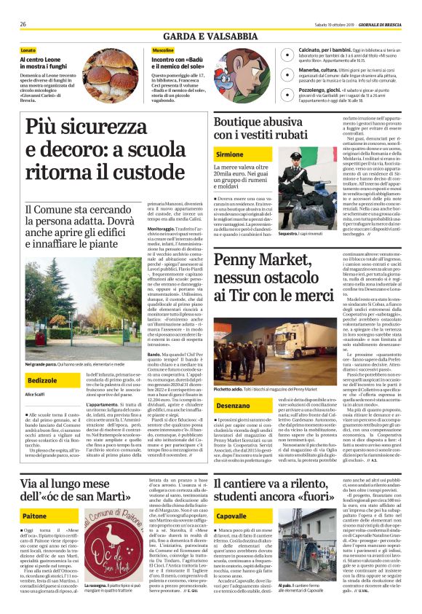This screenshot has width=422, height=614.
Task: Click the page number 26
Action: click(23, 24)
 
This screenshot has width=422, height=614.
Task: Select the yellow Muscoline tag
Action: click(163, 50)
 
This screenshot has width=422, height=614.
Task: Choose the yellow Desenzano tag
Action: click(233, 404)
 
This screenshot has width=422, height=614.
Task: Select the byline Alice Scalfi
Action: click(35, 394)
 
